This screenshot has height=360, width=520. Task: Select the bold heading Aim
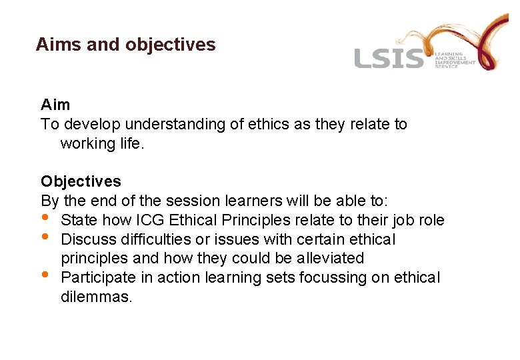coord(55,105)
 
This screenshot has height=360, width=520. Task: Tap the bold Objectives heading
coord(81,181)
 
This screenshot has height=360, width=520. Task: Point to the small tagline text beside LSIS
coord(455,60)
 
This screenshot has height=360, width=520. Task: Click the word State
coord(79,220)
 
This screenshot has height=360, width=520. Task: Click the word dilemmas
coord(96,297)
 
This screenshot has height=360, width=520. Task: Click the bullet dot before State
coord(45,217)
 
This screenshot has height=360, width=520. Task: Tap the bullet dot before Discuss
coord(45,237)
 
